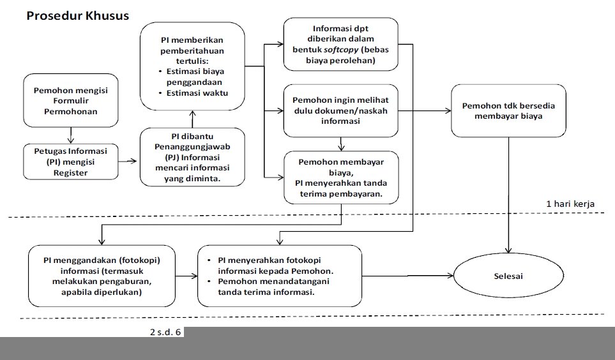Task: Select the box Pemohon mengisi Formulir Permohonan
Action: [x=71, y=101]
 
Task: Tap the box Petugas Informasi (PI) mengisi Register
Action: [x=71, y=161]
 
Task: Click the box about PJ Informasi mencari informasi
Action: [x=193, y=157]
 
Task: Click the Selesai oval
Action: [x=508, y=276]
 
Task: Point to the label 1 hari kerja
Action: [x=570, y=204]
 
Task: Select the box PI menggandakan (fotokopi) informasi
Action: [x=101, y=276]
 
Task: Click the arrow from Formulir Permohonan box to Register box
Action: [x=71, y=135]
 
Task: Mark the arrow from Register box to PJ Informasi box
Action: [x=129, y=161]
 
